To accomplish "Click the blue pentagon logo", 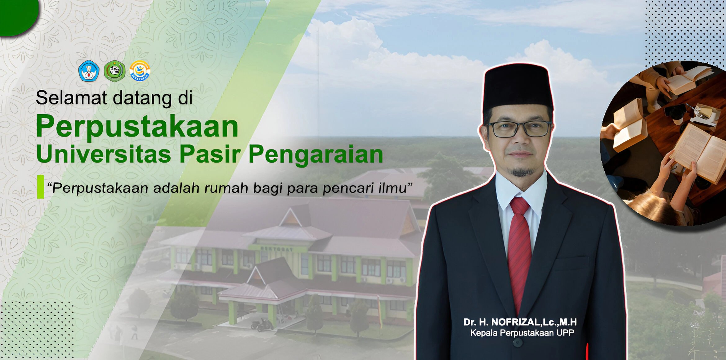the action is pyautogui.click(x=89, y=71).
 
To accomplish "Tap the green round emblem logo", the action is pyautogui.click(x=114, y=71).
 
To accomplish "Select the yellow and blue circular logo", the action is pyautogui.click(x=140, y=71).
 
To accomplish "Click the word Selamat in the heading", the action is pyautogui.click(x=72, y=97).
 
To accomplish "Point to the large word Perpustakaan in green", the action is pyautogui.click(x=137, y=126).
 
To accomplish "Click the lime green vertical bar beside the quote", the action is pyautogui.click(x=40, y=187).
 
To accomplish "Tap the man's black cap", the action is pyautogui.click(x=518, y=88).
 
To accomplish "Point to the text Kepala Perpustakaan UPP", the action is pyautogui.click(x=522, y=333).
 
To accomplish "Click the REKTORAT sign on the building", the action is pyautogui.click(x=277, y=249).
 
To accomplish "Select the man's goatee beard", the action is pyautogui.click(x=522, y=172).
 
